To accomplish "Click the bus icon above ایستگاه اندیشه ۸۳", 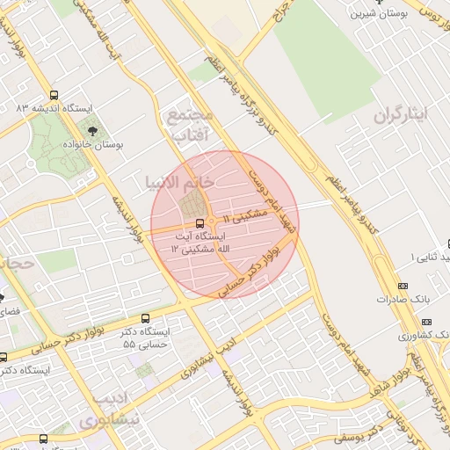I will point(54,95).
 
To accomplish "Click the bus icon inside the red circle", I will point(200,223).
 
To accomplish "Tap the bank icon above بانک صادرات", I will point(403,286).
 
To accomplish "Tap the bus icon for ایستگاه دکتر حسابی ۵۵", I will point(145,318).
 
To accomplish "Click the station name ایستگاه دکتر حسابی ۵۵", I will point(145,337).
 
